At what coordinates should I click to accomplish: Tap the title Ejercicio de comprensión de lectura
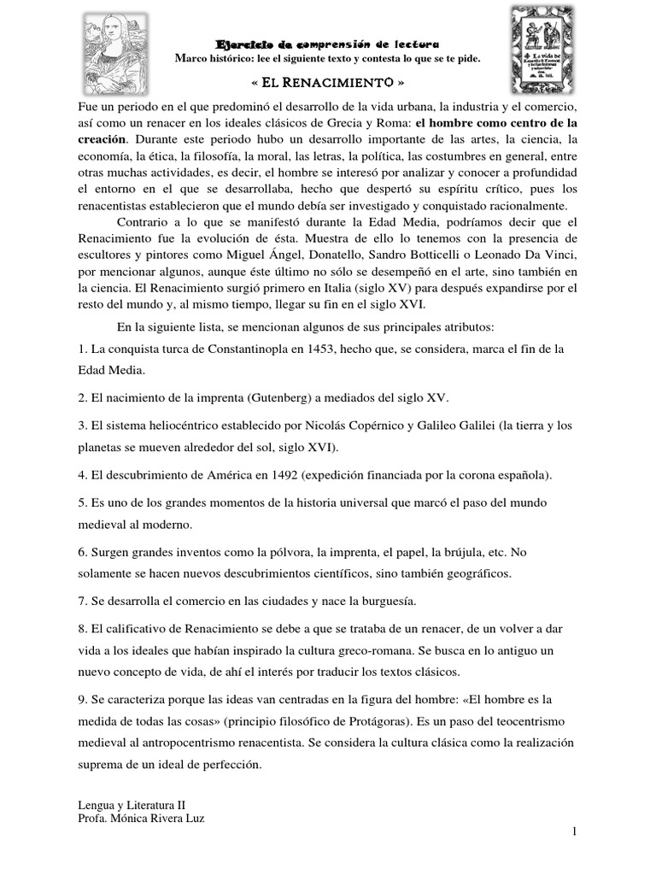coord(328,44)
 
